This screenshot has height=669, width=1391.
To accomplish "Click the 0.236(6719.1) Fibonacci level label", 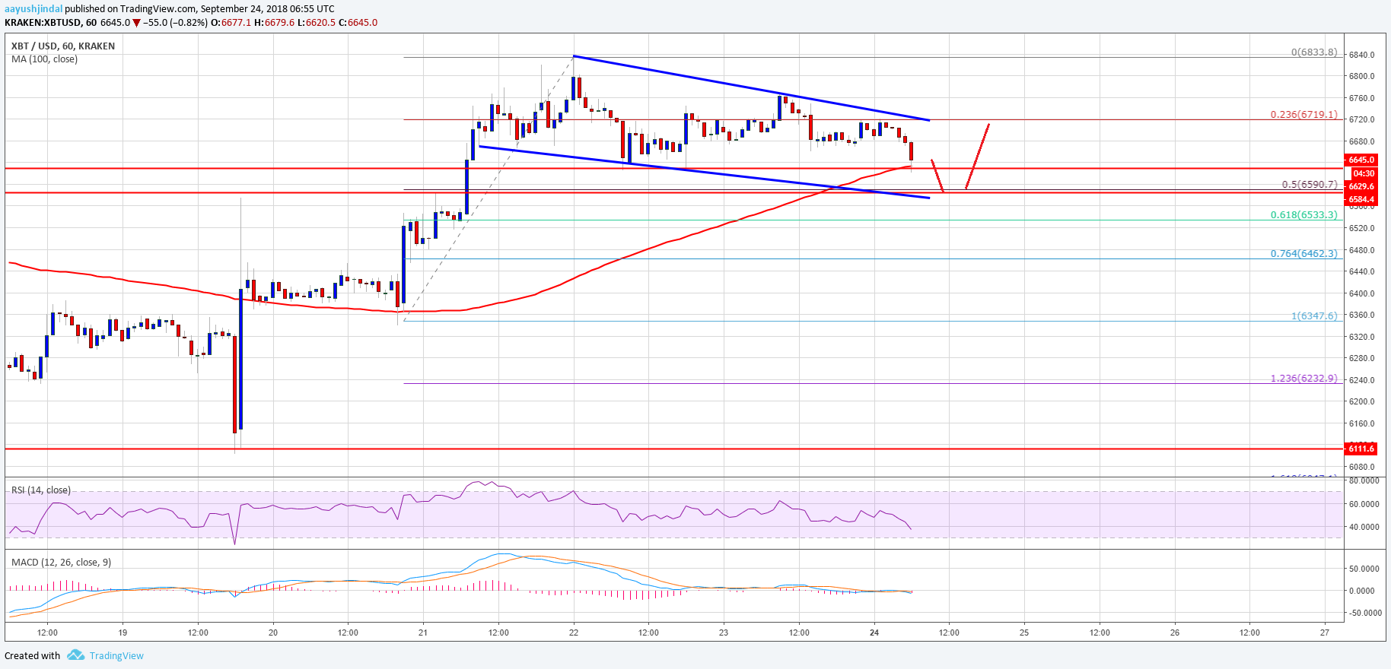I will pos(1303,115).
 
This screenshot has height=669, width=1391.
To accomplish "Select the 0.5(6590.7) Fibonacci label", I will pos(1309,185).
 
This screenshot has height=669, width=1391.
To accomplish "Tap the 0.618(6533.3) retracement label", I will pos(1303,215).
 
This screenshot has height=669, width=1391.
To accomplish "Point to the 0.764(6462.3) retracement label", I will pos(1303,254).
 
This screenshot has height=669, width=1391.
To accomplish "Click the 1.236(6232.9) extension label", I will pos(1303,378).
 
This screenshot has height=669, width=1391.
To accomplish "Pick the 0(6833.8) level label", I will pos(1313,52).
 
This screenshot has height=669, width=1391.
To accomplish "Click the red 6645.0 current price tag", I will pos(1361,160).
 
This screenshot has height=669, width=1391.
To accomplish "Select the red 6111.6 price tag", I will pos(1361,449).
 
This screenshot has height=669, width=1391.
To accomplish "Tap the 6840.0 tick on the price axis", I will pos(1361,55).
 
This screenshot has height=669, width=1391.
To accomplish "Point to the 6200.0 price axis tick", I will pos(1361,401).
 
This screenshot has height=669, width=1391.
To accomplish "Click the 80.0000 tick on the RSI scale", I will pos(1364,480).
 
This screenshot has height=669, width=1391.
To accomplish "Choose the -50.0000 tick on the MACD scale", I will pos(1364,613).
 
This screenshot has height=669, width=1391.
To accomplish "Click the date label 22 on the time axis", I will pos(574,633).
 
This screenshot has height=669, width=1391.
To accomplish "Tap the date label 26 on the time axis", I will pos(1175,633).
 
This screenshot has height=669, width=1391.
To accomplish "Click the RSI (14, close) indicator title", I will pos(41,490).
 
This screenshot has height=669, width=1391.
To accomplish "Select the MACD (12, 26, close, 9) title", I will pos(61,563).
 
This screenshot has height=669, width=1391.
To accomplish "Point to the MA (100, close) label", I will pos(44,59).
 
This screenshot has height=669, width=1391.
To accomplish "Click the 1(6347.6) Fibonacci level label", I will pos(1313,315).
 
